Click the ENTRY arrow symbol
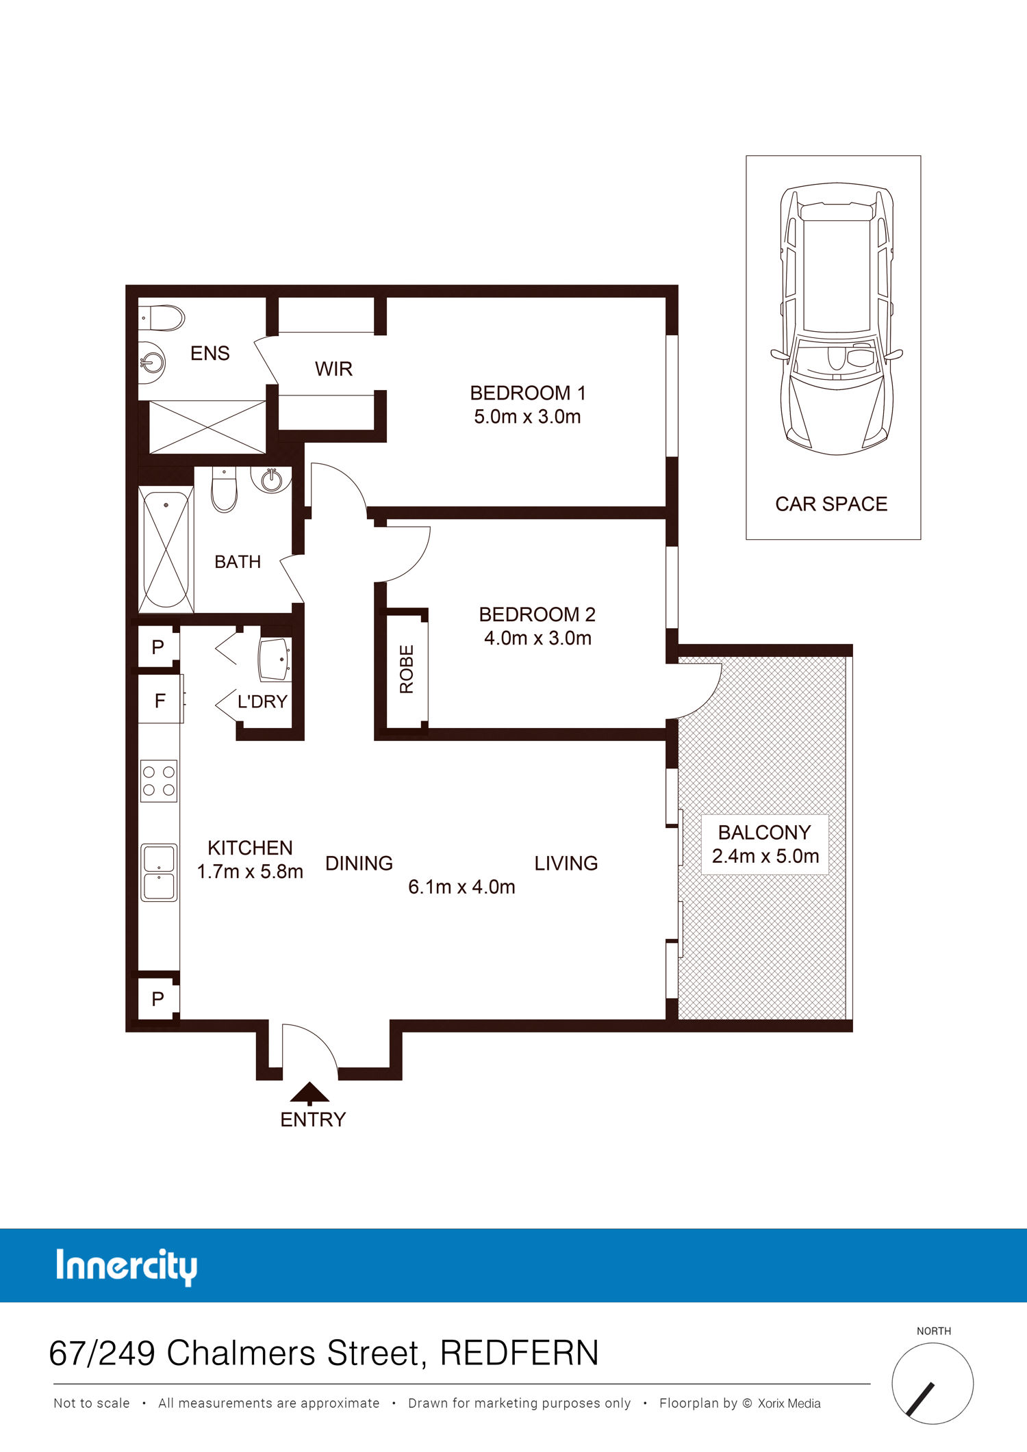pos(309,1093)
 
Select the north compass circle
pos(933,1384)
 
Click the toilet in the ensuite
pos(162,318)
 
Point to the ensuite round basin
pos(152,361)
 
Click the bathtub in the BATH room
pos(166,549)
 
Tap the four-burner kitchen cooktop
pos(159,781)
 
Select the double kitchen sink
pos(159,872)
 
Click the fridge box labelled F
pos(161,699)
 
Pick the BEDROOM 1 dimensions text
pos(527,417)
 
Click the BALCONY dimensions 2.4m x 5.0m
pos(765,856)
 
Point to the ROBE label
pos(407,669)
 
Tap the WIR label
pos(333,369)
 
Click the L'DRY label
pos(262,701)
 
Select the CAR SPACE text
pos(831,504)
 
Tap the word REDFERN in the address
pos(519,1353)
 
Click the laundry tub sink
pos(275,659)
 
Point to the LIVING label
pos(566,864)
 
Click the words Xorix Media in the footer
pos(789,1403)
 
